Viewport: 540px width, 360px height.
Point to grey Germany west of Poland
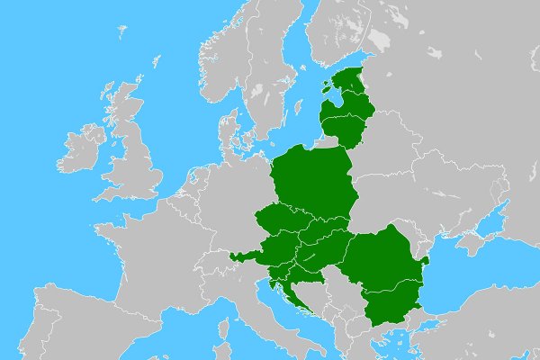click(x=229, y=198)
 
